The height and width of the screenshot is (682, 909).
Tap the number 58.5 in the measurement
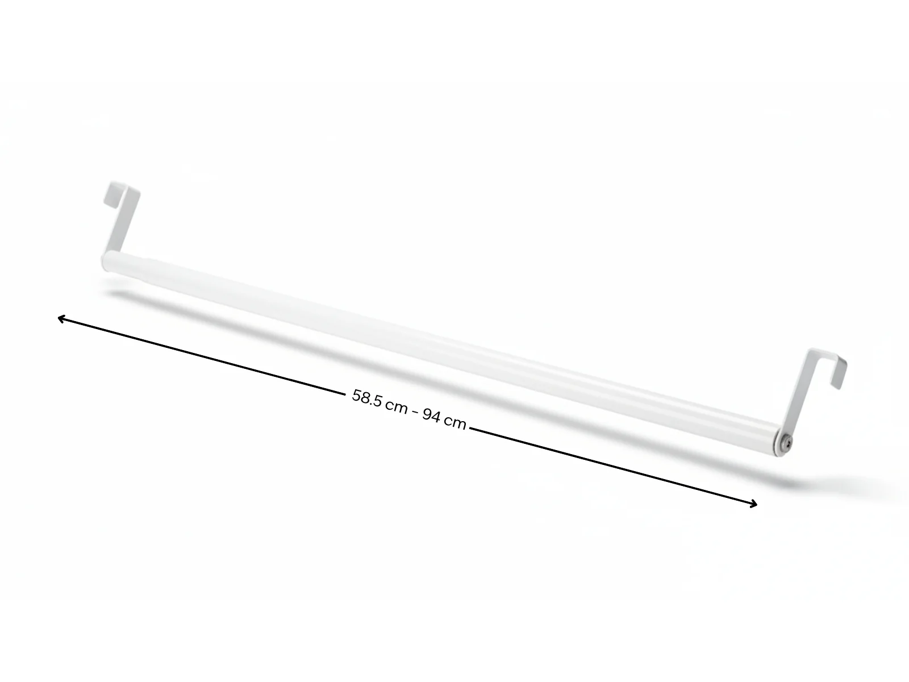click(367, 398)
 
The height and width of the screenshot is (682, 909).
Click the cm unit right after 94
click(455, 422)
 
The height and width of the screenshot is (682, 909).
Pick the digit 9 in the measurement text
click(428, 414)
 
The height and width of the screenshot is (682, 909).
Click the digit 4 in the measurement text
click(436, 417)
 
